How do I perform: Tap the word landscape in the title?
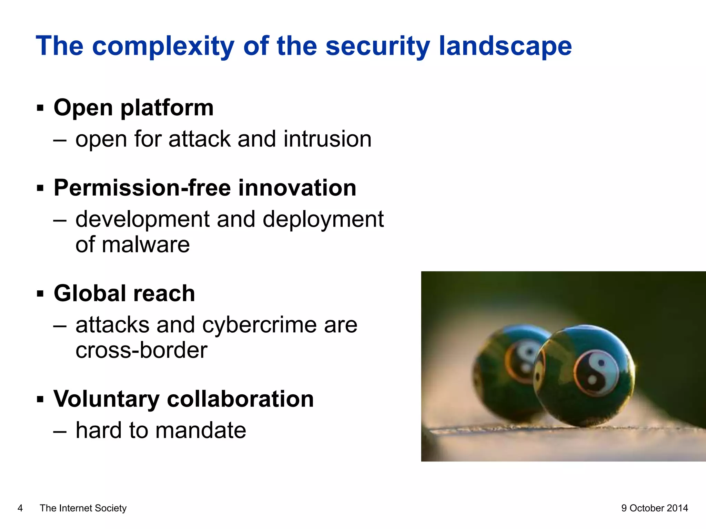coord(505,46)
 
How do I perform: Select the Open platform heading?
coord(133,108)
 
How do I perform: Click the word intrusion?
coord(327,139)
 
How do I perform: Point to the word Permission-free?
coord(142,188)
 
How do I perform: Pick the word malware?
coord(145,245)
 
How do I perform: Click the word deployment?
coord(323,219)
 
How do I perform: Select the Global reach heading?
coord(124,293)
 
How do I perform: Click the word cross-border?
coord(141,350)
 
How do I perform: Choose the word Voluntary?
coord(106,399)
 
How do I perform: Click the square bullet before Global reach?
coord(40,294)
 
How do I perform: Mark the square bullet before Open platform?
coord(40,108)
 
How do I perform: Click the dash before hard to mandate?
coord(60,431)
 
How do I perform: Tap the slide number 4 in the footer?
coord(20,508)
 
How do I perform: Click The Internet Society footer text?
coord(83,508)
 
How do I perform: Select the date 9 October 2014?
coord(654,508)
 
